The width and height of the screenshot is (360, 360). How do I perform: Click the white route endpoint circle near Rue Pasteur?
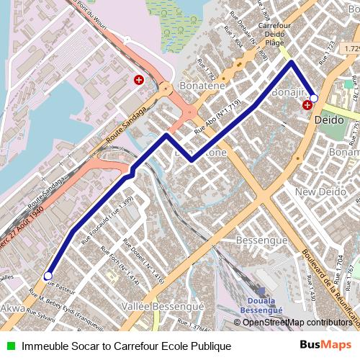[48, 275]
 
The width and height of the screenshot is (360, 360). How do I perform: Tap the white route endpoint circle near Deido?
[314, 97]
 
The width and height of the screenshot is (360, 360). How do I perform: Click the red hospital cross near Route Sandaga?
[138, 81]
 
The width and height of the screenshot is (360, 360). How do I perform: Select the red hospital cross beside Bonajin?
[307, 105]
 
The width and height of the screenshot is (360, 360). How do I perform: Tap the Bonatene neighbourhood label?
[204, 86]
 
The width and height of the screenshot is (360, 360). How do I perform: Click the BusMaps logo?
[326, 346]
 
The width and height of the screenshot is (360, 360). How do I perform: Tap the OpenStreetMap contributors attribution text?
[297, 323]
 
